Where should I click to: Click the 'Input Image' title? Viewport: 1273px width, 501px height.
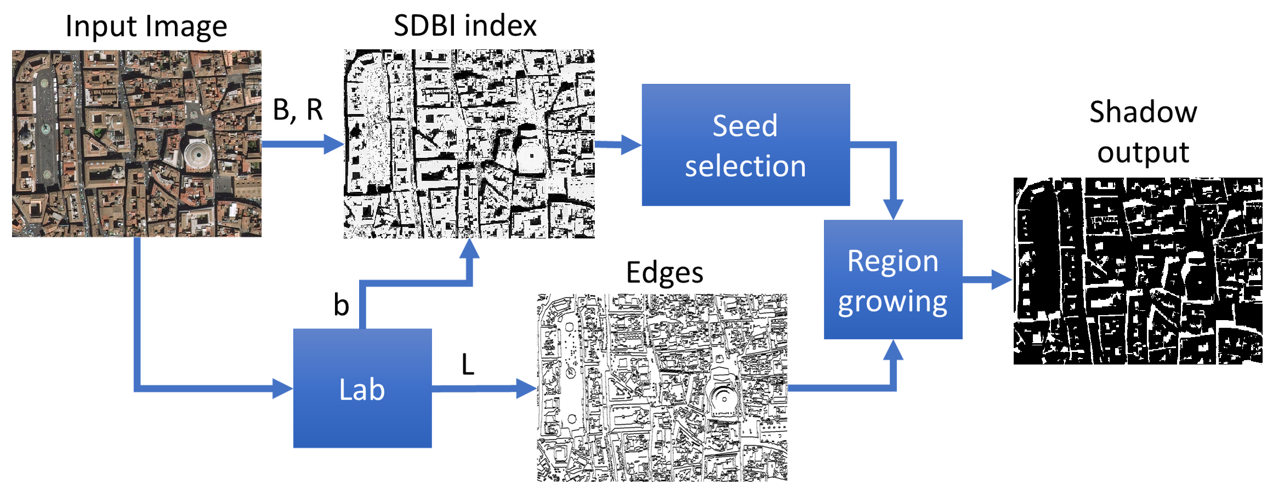146,26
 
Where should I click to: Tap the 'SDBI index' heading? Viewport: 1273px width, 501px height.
465,26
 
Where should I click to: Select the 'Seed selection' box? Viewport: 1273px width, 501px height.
746,145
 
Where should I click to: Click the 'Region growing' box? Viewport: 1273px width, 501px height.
893,280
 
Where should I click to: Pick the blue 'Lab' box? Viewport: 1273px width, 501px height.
362,388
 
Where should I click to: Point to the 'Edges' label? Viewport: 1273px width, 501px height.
664,272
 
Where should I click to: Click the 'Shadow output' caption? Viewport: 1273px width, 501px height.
1143,132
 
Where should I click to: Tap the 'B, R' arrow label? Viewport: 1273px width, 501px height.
298,110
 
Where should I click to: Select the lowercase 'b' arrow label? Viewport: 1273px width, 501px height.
341,305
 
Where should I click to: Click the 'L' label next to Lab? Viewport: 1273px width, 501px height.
468,365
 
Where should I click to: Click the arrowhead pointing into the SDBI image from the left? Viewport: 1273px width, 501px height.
334,144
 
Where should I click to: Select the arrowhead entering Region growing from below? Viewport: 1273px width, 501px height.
893,350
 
